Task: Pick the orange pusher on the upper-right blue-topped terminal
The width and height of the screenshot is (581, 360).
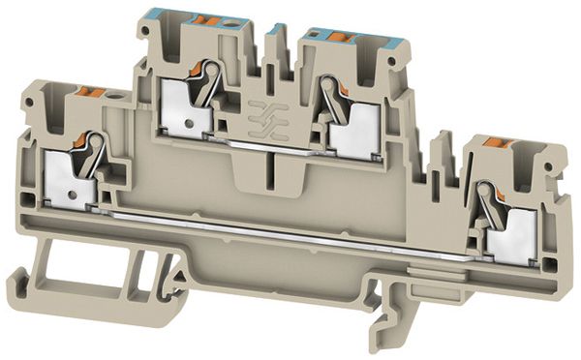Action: [x=339, y=38]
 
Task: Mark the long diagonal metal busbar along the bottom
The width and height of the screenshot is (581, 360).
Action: [x=290, y=233]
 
